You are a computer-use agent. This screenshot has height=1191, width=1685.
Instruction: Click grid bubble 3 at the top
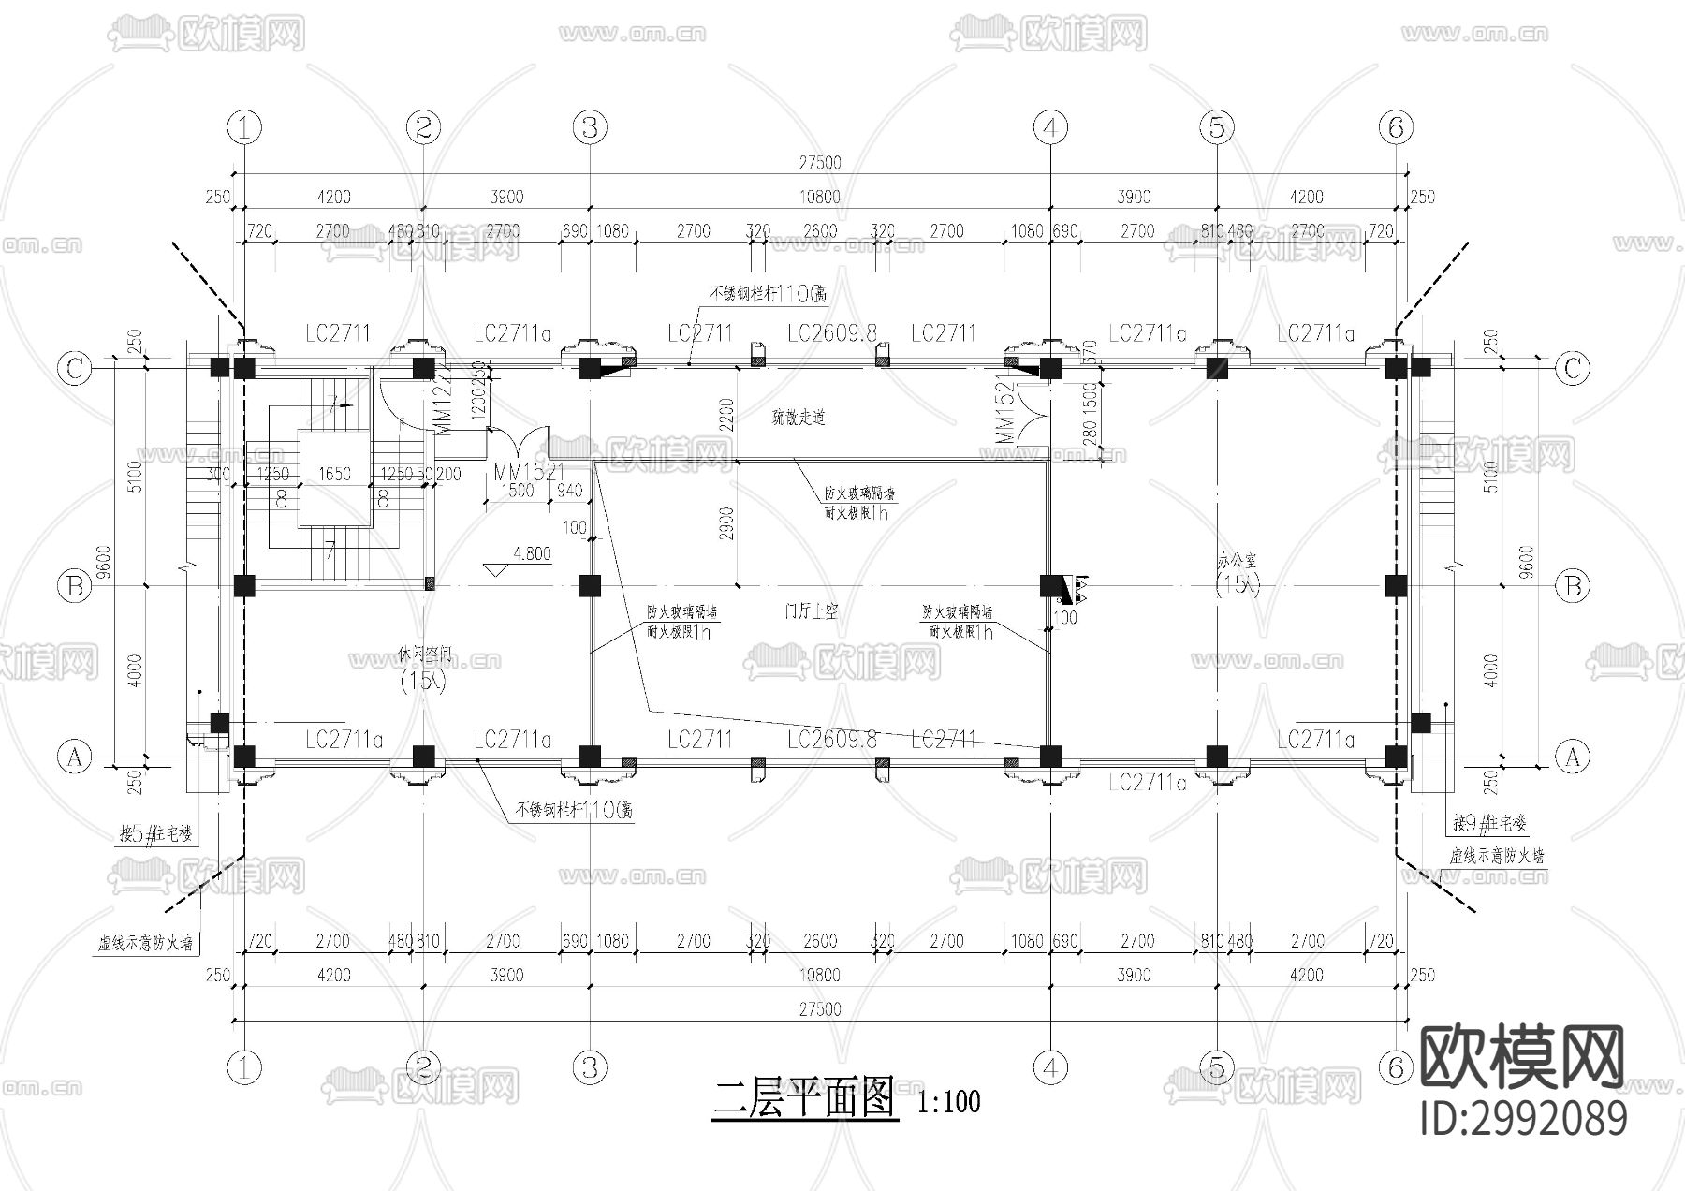[x=590, y=126]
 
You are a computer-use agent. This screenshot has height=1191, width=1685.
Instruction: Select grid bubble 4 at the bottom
[x=1050, y=1066]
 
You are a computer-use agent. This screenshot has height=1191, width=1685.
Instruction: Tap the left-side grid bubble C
[x=75, y=368]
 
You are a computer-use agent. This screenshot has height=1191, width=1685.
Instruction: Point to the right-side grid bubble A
[x=1573, y=757]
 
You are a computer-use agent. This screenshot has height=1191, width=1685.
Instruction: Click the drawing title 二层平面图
[x=804, y=1099]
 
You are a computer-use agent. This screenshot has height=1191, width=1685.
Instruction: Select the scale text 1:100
[x=950, y=1102]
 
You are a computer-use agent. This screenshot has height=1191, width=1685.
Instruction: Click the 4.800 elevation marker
[x=531, y=554]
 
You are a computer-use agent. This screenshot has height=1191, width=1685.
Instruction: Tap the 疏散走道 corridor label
[x=798, y=418]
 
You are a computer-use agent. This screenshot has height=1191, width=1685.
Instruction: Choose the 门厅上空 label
[x=811, y=611]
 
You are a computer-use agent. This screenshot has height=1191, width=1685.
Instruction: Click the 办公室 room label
[x=1237, y=563]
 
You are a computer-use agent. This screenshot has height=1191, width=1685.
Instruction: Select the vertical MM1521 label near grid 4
[x=1004, y=411]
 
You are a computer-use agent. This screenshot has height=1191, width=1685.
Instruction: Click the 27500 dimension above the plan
[x=819, y=163]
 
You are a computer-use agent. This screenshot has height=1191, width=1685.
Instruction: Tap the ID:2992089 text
[x=1523, y=1118]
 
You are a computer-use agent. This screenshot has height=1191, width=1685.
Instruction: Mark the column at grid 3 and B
[x=589, y=586]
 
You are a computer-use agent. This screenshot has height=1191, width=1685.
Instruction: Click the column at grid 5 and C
[x=1216, y=368]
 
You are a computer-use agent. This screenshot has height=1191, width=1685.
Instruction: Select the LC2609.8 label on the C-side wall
[x=831, y=333]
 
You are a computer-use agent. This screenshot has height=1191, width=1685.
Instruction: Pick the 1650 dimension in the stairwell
[x=334, y=474]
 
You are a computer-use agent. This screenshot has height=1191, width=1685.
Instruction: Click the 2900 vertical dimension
[x=728, y=524]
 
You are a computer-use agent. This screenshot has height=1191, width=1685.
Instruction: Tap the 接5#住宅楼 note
[x=156, y=834]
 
